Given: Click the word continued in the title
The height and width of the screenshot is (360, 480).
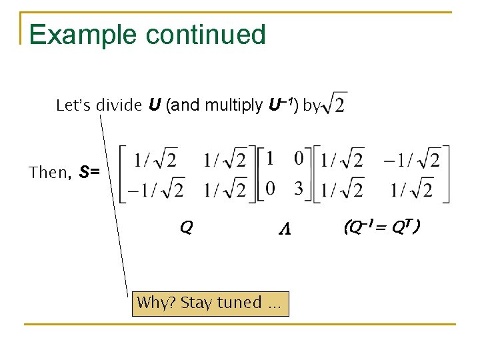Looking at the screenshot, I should tap(213, 35).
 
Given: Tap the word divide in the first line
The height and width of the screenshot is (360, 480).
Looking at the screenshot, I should tap(119, 105).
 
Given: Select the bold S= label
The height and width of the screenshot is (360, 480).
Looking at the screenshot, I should tap(89, 173).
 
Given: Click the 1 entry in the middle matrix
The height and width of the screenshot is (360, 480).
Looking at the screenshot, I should tap(270, 159).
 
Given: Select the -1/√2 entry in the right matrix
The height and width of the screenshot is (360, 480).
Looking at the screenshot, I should tap(411, 161).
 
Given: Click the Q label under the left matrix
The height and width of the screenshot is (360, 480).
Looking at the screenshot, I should tap(186, 228).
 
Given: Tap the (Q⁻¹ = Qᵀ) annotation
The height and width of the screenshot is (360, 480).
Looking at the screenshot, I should tap(381, 228).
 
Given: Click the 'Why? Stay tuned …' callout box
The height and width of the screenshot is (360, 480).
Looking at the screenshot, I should tap(210, 303).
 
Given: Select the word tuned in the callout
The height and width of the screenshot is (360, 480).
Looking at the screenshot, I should tap(239, 303).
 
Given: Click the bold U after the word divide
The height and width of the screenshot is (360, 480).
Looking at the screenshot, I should tap(154, 105).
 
